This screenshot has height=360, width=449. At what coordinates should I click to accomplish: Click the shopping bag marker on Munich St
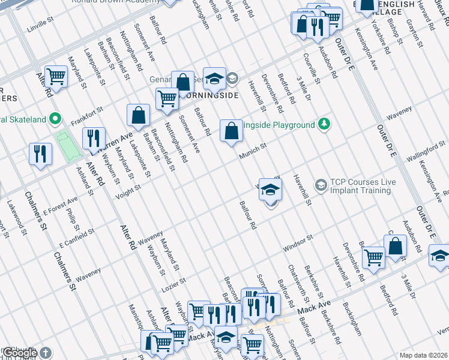231,131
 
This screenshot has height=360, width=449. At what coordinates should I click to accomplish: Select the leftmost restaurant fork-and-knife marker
40,154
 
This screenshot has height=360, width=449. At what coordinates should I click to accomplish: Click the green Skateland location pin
55,119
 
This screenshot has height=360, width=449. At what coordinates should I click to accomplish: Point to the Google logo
20,353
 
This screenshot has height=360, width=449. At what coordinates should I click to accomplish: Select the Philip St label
73,219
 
